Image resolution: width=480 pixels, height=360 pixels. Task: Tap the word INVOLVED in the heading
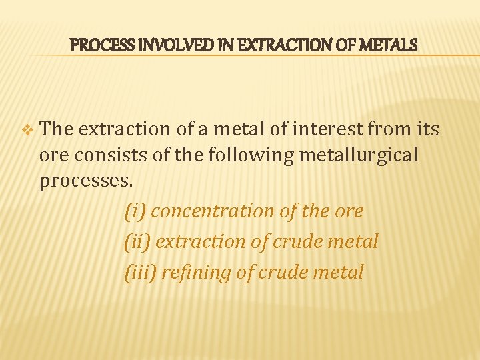point(157,45)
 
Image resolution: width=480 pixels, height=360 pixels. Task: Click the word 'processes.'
point(85,181)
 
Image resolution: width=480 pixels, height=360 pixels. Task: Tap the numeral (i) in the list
point(135,211)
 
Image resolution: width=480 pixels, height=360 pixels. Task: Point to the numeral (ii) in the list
point(138,241)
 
